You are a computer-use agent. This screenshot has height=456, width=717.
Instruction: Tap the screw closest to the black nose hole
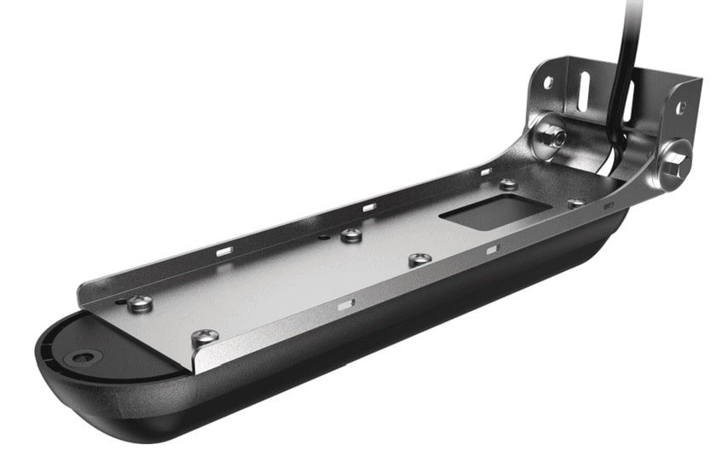142,300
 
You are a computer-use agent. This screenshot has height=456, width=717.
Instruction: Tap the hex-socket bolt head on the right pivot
677,156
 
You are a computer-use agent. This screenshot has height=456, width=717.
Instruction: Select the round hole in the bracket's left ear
548,82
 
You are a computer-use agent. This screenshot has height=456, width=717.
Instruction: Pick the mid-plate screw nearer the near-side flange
417,259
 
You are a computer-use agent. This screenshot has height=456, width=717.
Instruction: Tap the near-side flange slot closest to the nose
344,303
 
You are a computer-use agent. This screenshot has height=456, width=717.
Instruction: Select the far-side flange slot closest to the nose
224,251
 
